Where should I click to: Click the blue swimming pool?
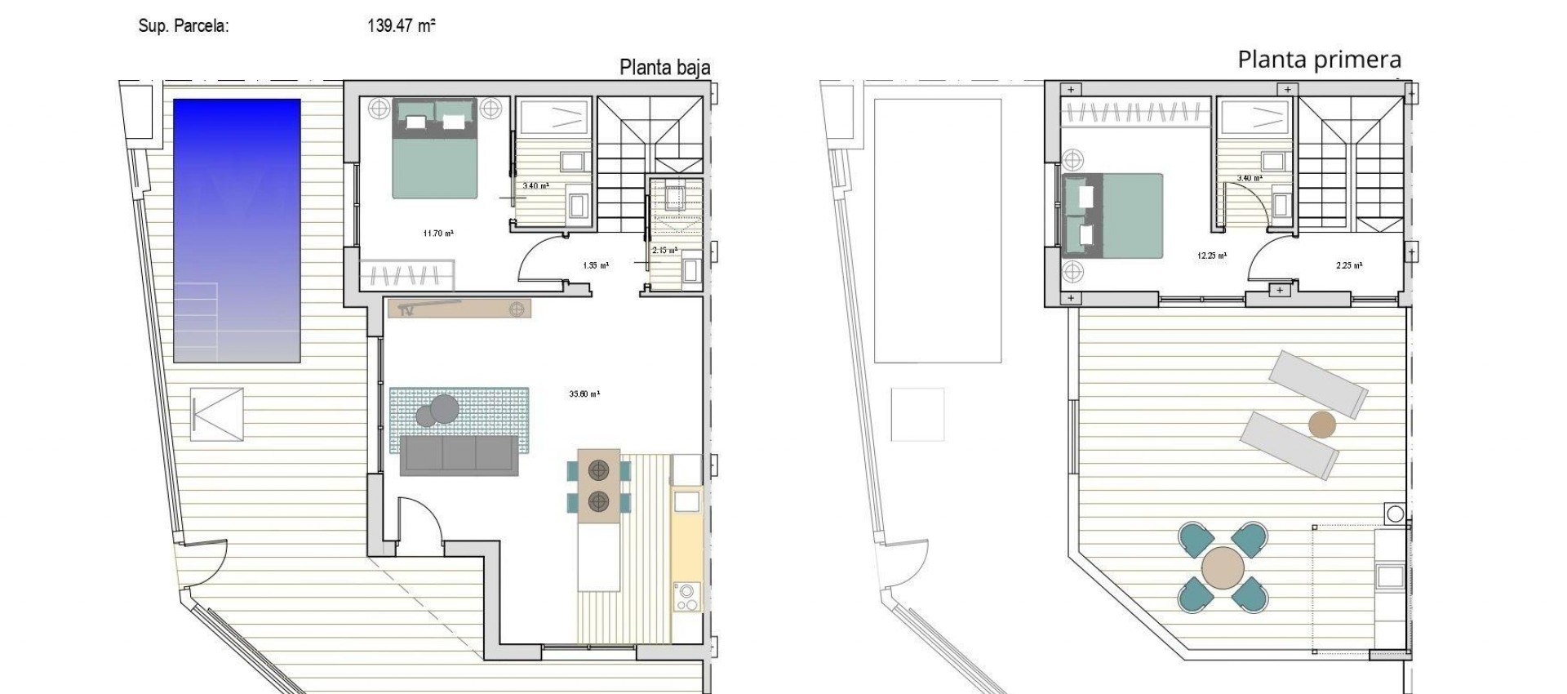click(237, 230)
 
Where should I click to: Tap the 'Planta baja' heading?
click(664, 67)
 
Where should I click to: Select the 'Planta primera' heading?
click(1319, 60)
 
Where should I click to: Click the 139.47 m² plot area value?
click(401, 25)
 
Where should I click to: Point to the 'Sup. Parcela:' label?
click(184, 26)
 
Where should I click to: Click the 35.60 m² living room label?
click(584, 394)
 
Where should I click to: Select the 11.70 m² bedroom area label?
click(438, 234)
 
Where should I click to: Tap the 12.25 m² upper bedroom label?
click(1211, 256)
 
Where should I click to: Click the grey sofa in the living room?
click(459, 455)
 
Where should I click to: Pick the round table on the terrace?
click(1223, 568)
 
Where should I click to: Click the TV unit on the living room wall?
click(459, 309)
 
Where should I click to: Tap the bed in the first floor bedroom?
click(1113, 216)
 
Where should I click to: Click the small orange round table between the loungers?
click(1321, 425)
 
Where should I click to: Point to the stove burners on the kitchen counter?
click(686, 595)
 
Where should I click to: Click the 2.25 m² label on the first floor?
click(1348, 265)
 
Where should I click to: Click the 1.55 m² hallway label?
click(596, 265)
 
